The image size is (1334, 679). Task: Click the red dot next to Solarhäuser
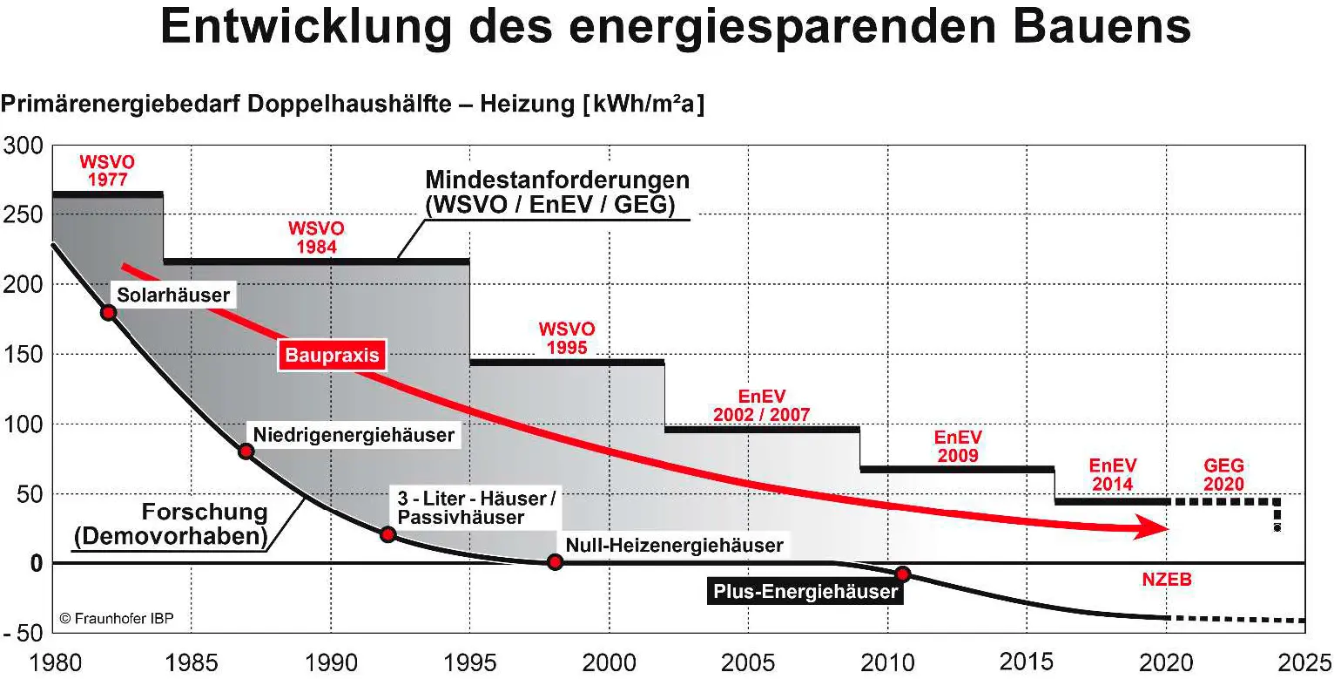[x=108, y=312]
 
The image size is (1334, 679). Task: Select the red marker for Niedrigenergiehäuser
[x=246, y=451]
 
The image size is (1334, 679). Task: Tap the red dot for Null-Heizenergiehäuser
[x=555, y=562]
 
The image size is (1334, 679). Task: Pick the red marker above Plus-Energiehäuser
[x=903, y=574]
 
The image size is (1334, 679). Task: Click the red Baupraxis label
[x=332, y=356]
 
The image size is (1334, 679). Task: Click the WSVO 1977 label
[x=108, y=172]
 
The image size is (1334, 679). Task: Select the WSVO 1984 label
[x=316, y=237]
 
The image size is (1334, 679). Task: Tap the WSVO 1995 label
[x=567, y=338]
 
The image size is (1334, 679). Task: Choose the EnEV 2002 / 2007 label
[x=761, y=405]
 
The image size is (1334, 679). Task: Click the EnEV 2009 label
[x=957, y=445]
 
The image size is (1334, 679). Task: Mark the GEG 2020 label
[x=1223, y=475]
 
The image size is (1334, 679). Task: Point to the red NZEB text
[x=1166, y=580]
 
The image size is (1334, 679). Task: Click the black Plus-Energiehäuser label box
[x=805, y=592]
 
